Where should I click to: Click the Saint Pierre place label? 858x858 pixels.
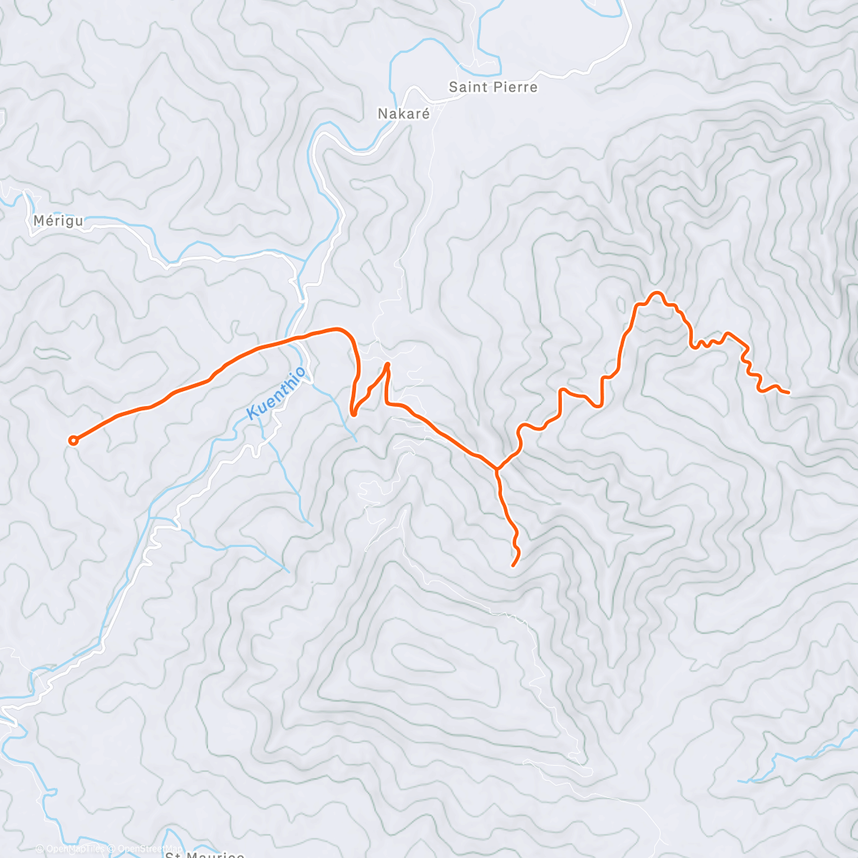tap(493, 87)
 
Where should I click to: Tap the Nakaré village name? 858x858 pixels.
tap(404, 113)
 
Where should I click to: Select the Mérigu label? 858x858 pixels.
tap(58, 221)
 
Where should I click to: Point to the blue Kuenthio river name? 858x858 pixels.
tap(276, 393)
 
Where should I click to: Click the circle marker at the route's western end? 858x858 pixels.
tap(73, 440)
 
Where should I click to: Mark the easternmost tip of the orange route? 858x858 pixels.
tap(788, 393)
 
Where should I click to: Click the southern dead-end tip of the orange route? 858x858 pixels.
tap(513, 566)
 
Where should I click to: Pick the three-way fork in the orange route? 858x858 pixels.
tap(497, 469)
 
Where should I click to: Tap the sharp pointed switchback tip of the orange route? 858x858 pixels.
tap(388, 365)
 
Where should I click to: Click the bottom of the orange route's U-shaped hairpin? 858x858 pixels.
tap(353, 413)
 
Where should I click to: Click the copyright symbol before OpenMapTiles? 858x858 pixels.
tap(39, 849)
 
